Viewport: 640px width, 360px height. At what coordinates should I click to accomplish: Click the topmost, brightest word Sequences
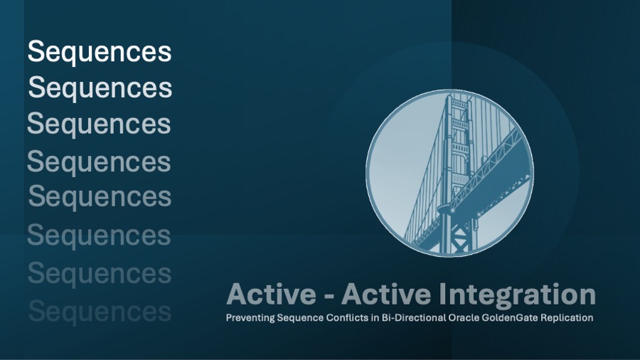point(100,52)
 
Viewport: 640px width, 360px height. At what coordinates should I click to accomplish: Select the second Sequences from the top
point(100,88)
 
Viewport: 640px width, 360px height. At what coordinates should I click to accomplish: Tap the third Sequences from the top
point(99,124)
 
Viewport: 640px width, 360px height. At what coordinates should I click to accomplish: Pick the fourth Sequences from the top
point(99,162)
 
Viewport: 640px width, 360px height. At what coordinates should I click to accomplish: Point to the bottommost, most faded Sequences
point(100,311)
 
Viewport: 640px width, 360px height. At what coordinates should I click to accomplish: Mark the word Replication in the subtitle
point(566,318)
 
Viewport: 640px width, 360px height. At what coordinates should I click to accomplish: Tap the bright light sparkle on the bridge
point(446,208)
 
